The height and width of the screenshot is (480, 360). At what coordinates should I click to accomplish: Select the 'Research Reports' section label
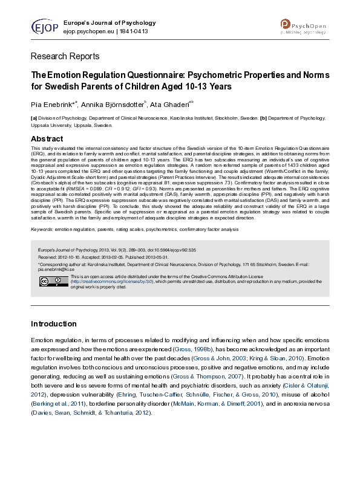click(x=65, y=56)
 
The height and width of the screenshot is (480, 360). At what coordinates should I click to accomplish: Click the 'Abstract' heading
click(x=47, y=139)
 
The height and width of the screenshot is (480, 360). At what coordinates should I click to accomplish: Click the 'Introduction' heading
click(x=54, y=324)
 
